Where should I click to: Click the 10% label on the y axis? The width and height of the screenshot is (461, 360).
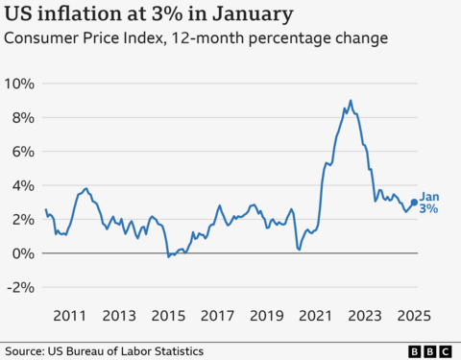[20, 84]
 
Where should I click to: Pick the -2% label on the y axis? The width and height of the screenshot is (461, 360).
[21, 287]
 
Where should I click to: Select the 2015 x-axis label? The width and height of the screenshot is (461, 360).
[168, 315]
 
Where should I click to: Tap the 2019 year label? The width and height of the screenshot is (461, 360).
[267, 315]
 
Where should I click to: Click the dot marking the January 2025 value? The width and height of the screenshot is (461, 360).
[414, 203]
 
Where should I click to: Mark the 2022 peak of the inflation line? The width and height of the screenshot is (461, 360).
[351, 101]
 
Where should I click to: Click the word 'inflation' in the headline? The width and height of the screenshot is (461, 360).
[82, 14]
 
